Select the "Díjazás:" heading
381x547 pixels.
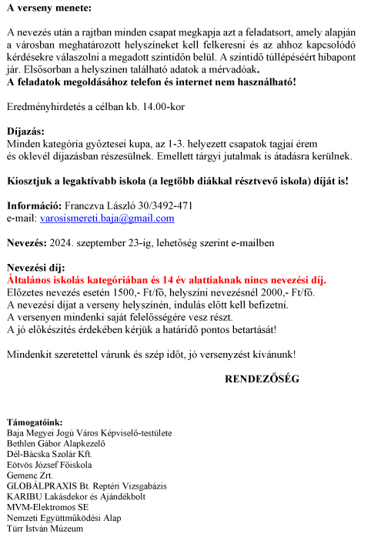click(x=25, y=132)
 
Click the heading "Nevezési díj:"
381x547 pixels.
click(x=35, y=268)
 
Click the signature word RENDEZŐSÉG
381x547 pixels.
click(x=261, y=379)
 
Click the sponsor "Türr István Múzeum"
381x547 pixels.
click(x=45, y=529)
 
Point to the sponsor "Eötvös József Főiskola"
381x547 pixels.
click(x=49, y=465)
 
